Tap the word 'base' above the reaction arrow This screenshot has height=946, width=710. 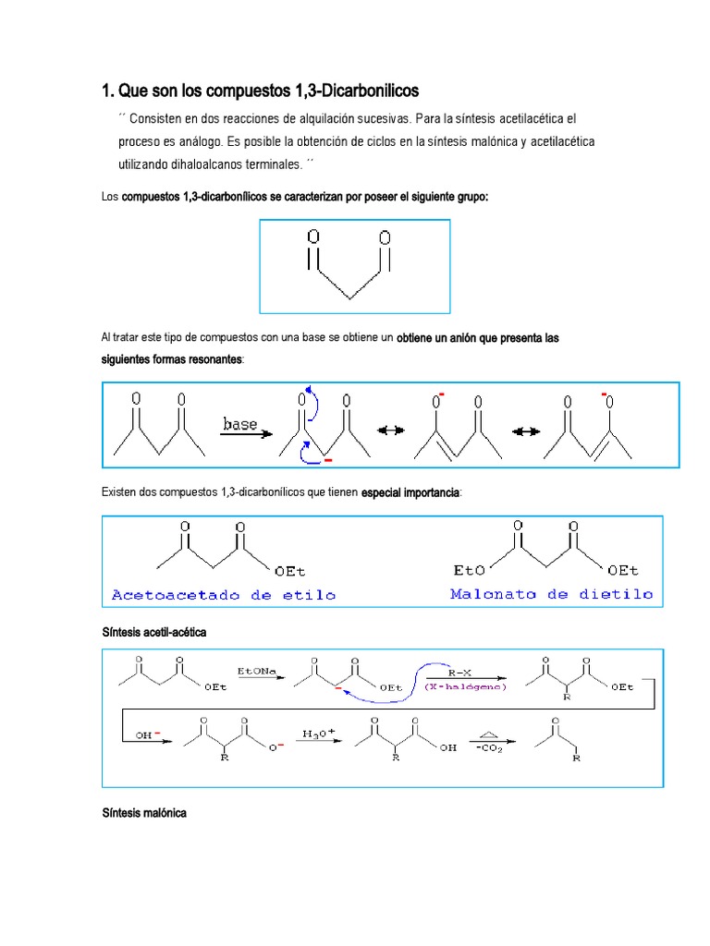(x=240, y=424)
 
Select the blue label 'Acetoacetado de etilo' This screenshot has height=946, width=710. (x=224, y=595)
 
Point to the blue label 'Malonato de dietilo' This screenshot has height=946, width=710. (x=551, y=594)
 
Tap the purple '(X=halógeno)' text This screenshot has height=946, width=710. (x=464, y=687)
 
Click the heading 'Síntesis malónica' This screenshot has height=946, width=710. (x=144, y=813)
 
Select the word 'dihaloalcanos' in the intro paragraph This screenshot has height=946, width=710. (x=200, y=164)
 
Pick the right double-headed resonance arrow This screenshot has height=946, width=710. (x=525, y=430)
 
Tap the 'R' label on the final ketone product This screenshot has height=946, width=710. (x=577, y=758)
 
